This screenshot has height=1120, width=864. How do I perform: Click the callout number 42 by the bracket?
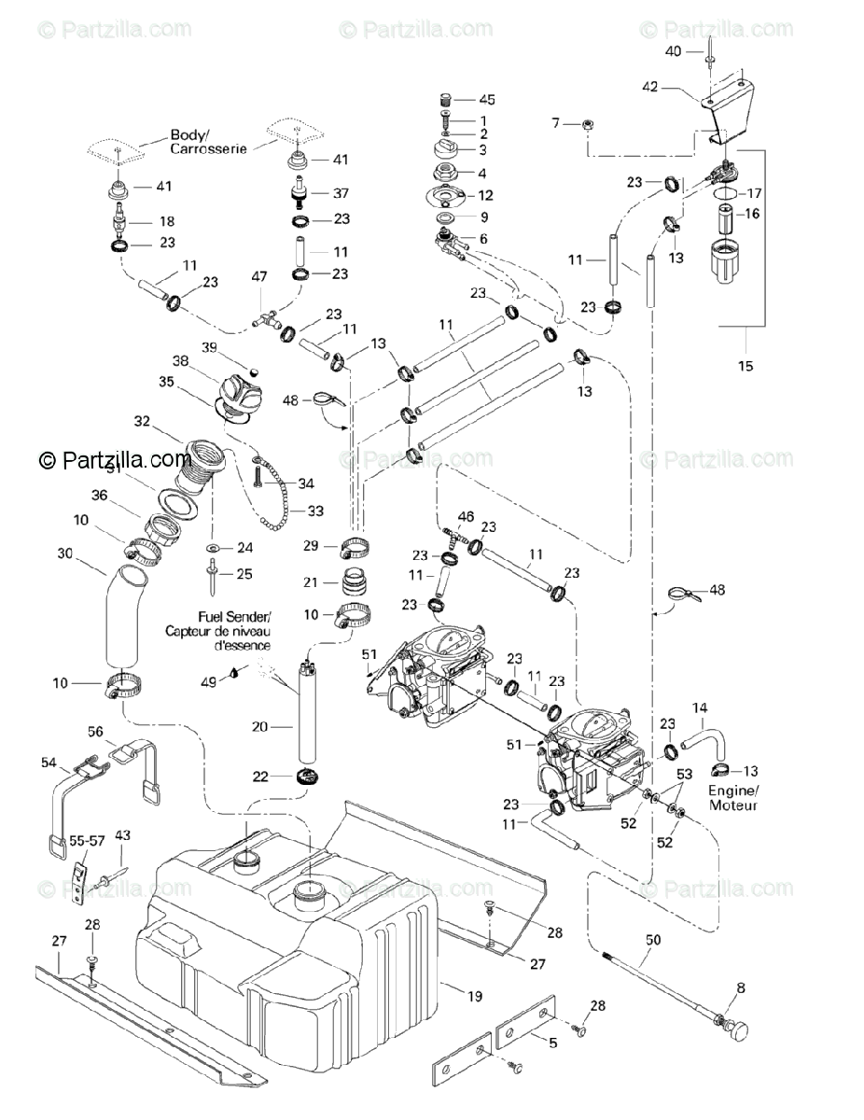coord(650,87)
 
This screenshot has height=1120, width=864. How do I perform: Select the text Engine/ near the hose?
coord(732,791)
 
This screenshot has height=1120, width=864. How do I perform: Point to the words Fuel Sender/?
coord(233,617)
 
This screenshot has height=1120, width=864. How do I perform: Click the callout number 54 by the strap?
coord(49,763)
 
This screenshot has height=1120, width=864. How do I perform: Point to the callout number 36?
coord(98,496)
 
